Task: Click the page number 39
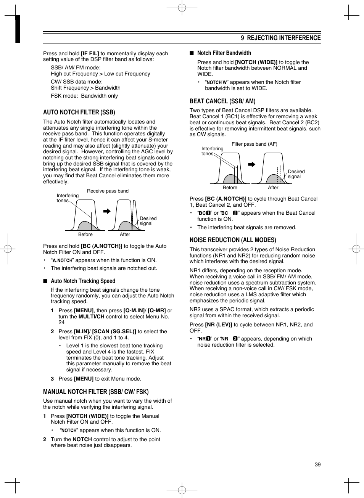(x=317, y=464)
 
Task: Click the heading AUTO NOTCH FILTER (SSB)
(x=79, y=112)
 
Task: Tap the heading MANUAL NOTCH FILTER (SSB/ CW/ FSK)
(x=96, y=392)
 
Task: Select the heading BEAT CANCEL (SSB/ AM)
(x=222, y=101)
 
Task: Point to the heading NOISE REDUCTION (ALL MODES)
(x=233, y=240)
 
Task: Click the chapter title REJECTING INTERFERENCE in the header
(x=283, y=38)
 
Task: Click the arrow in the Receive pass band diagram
(x=107, y=211)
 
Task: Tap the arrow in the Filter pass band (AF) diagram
(x=251, y=164)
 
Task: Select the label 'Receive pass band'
(x=108, y=191)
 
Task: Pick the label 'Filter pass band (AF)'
(x=254, y=144)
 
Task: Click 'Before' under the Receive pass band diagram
(x=85, y=235)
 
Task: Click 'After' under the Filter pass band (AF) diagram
(x=273, y=188)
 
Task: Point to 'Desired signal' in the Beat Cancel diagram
(x=296, y=174)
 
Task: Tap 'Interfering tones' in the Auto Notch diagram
(x=67, y=198)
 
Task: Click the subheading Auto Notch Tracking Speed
(x=83, y=281)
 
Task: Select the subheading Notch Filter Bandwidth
(x=224, y=53)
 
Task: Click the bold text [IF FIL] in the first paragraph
(x=90, y=54)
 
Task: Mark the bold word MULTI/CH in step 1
(x=92, y=316)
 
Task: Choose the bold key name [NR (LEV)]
(x=219, y=325)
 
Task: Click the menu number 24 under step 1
(x=61, y=322)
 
